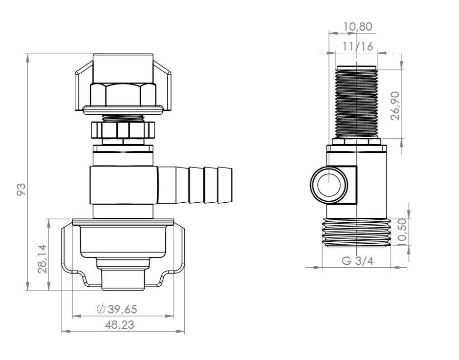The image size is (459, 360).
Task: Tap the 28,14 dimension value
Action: pos(43,259)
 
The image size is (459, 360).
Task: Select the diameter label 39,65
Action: pos(122,309)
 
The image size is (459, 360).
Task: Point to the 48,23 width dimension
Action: pos(120,325)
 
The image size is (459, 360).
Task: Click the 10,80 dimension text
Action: pos(358,26)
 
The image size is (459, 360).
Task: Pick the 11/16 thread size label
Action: pos(358,46)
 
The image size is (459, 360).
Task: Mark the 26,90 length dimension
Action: pos(395,106)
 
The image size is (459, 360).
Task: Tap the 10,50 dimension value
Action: pos(402,233)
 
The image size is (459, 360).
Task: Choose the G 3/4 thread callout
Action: pos(357,260)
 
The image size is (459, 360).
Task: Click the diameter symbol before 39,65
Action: pos(101,309)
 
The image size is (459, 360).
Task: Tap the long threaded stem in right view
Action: pos(356,102)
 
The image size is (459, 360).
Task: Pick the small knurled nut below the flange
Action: pos(123,130)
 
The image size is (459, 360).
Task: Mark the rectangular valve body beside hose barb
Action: pos(124,185)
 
